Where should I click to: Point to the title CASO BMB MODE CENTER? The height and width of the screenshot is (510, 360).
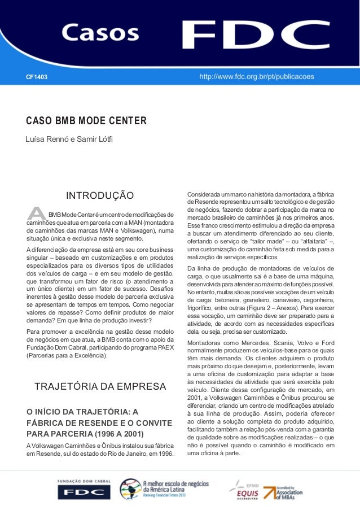click(x=86, y=121)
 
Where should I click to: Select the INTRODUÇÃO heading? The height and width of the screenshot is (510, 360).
click(x=100, y=196)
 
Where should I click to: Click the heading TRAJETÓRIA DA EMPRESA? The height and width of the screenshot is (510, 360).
click(x=100, y=387)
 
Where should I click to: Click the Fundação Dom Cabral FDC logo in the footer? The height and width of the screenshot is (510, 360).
click(x=84, y=488)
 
